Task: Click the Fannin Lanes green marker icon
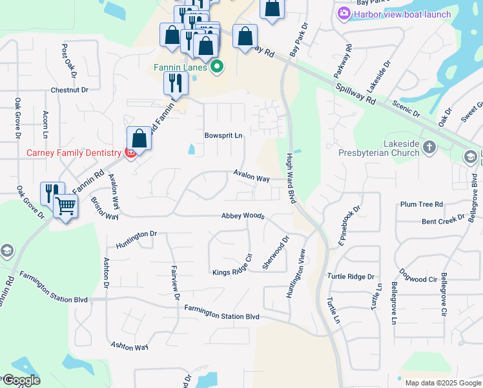(x=217, y=67)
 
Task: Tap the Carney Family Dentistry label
(x=74, y=153)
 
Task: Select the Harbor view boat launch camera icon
(x=344, y=13)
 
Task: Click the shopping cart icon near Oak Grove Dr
(x=65, y=206)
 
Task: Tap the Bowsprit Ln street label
(x=223, y=136)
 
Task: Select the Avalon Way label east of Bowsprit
(x=251, y=177)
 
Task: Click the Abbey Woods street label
(x=243, y=216)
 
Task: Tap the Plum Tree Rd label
(x=421, y=204)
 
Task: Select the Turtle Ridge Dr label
(x=351, y=276)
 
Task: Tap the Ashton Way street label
(x=129, y=347)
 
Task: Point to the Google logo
(x=21, y=380)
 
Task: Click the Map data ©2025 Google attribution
(x=442, y=383)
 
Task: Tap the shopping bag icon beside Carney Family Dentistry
(x=139, y=138)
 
